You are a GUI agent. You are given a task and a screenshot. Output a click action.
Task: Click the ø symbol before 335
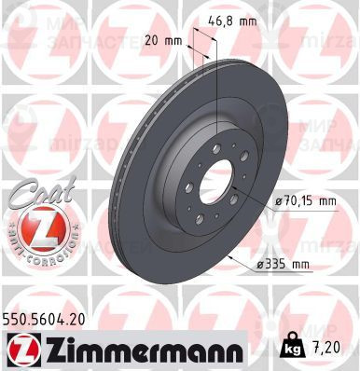[264, 264]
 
